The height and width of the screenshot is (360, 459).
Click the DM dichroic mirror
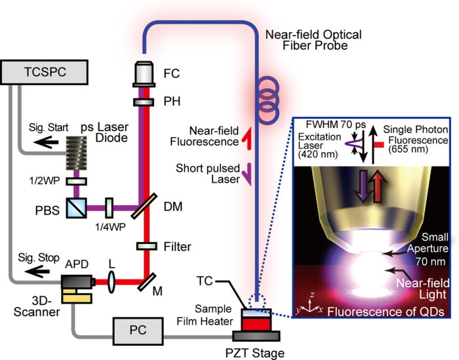click(142, 209)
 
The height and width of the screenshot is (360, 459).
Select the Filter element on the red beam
click(142, 247)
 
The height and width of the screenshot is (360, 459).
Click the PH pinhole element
click(142, 102)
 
